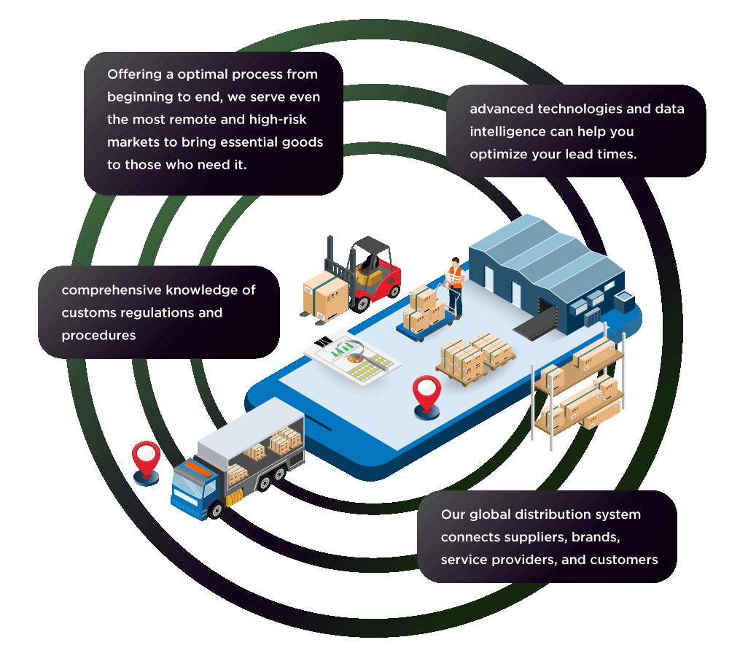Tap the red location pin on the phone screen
[x=425, y=395]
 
